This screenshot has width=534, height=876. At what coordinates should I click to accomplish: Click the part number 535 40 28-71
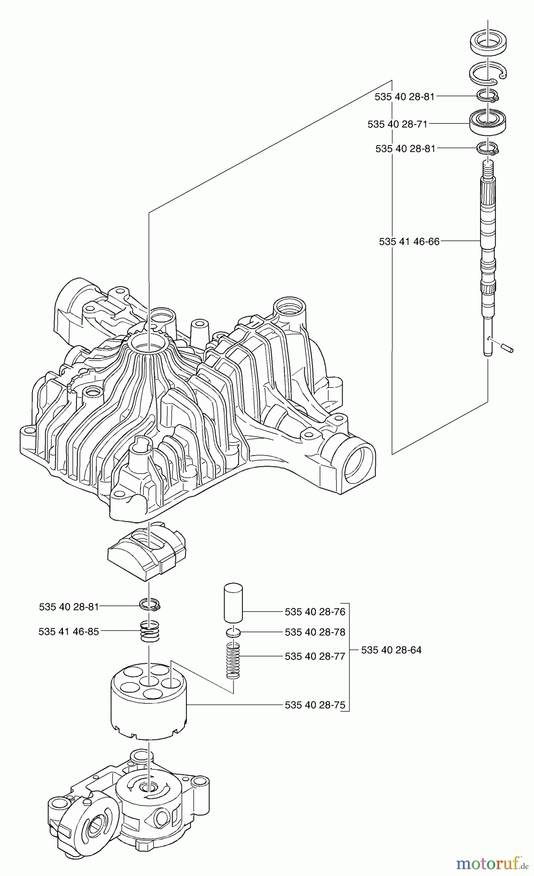pyautogui.click(x=397, y=125)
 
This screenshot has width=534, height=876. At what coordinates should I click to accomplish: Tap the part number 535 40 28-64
pyautogui.click(x=391, y=650)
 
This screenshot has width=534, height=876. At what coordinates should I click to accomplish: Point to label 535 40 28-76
pyautogui.click(x=315, y=611)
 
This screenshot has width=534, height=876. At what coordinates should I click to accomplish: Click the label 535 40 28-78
pyautogui.click(x=315, y=632)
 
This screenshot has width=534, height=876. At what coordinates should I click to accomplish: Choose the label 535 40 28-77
pyautogui.click(x=315, y=657)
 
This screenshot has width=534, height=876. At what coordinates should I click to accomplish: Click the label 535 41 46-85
pyautogui.click(x=69, y=632)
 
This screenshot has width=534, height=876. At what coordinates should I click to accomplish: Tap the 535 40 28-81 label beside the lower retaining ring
pyautogui.click(x=69, y=607)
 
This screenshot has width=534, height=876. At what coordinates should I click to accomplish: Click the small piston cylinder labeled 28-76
pyautogui.click(x=233, y=603)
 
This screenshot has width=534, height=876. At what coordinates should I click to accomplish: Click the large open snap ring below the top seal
pyautogui.click(x=488, y=73)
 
